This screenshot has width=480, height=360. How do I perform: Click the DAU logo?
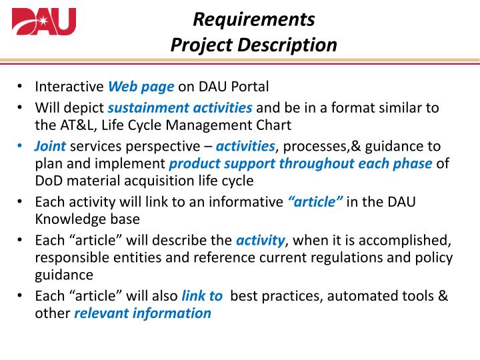click(44, 21)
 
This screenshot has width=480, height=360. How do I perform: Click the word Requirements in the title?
click(253, 19)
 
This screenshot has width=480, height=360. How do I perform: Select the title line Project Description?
click(253, 45)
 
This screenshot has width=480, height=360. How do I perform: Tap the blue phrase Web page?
click(141, 86)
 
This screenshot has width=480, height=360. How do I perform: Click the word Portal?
click(250, 86)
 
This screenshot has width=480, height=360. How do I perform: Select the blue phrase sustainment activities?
click(180, 107)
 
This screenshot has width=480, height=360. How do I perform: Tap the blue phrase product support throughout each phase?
click(300, 164)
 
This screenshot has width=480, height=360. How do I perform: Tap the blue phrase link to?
click(202, 296)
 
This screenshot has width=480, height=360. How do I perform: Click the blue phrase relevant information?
click(143, 313)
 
